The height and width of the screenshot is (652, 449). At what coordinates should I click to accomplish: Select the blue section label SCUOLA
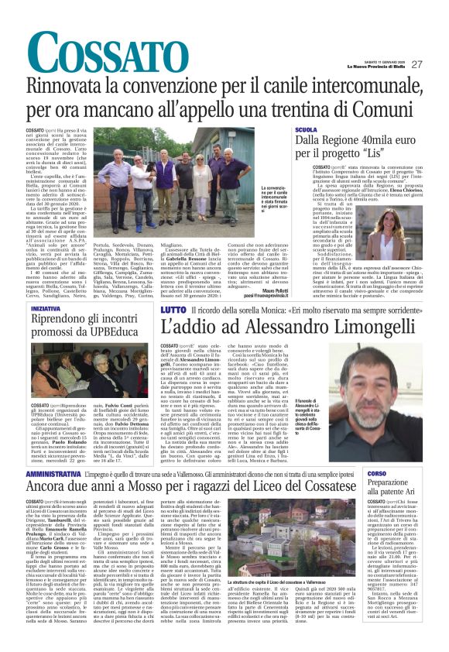tap(307, 130)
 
